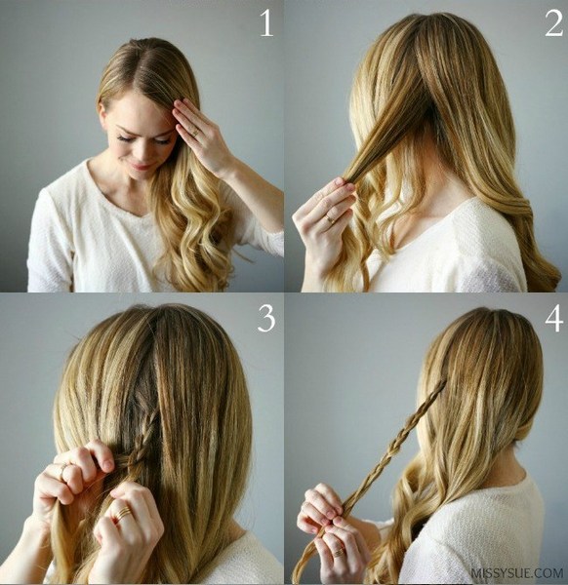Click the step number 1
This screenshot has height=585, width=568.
[267, 23]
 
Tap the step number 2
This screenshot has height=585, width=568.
[553, 23]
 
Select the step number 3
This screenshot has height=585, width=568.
[266, 319]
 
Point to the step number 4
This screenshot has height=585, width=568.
[553, 319]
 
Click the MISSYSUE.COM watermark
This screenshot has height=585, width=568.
[517, 572]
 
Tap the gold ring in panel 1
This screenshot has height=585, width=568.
[195, 133]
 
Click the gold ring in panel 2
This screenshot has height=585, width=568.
[331, 219]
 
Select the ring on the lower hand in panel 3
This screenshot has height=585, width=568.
[122, 514]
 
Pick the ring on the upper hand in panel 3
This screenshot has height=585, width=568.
[63, 471]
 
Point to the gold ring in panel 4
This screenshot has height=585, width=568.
[339, 551]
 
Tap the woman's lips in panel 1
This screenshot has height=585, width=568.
[139, 167]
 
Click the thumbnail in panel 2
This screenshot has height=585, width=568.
[340, 182]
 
